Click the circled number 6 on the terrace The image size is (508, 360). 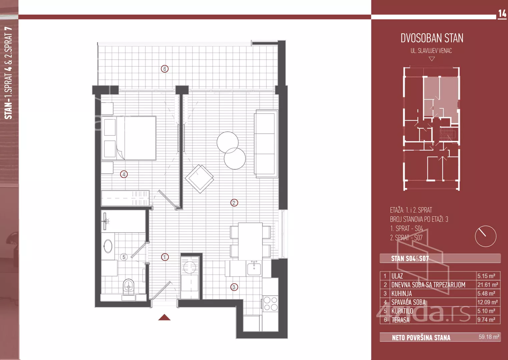pos(165,69)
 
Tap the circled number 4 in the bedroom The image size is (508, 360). pos(124,174)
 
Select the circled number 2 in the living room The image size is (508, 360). pos(234,203)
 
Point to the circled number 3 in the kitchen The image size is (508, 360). pos(234,287)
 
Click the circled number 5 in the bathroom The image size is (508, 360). pos(124,257)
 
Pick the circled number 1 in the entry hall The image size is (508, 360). pos(165,257)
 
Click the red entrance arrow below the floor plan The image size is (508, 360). pos(164,317)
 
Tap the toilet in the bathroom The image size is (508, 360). pos(129,287)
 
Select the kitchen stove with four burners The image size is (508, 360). pos(271,304)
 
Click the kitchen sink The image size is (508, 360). pos(254,268)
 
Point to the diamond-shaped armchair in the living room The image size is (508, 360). pos(199,179)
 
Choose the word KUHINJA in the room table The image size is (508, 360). pos(402,294)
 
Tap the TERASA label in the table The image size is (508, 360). pos(401,320)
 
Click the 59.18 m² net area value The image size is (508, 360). pos(489,337)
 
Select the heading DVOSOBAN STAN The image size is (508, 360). pos(432,38)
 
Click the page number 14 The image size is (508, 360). pos(502,14)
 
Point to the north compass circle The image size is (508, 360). pos(486,236)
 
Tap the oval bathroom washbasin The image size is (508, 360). pos(108,246)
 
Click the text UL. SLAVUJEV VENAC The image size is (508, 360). pos(431,51)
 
